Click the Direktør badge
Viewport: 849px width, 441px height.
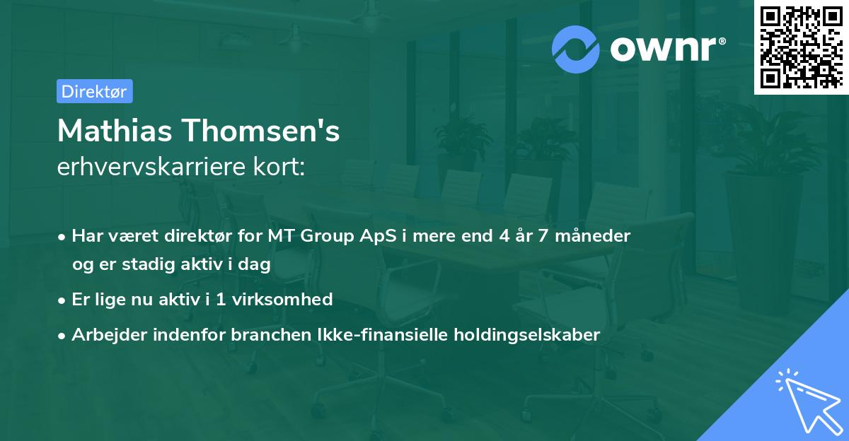tap(94, 92)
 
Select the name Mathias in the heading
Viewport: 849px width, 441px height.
tap(114, 131)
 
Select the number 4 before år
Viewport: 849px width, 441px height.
tap(504, 236)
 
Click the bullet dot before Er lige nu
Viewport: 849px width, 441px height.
tap(63, 300)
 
